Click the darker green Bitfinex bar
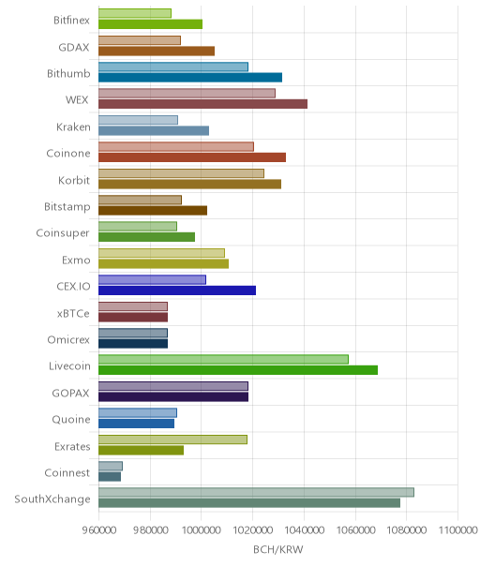[x=150, y=24]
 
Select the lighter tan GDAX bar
[x=140, y=40]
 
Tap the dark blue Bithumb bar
[x=190, y=78]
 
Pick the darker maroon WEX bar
[x=203, y=104]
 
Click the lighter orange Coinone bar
[x=176, y=146]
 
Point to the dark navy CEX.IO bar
[x=177, y=290]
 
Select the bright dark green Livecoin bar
[x=238, y=370]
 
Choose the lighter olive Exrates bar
[x=173, y=439]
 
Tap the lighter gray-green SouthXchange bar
[x=257, y=492]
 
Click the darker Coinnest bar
[x=110, y=477]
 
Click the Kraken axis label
[x=73, y=127]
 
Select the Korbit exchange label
[x=74, y=180]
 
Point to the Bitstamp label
[x=67, y=207]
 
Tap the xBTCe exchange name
[x=73, y=313]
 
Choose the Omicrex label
[x=68, y=339]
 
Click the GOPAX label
[x=71, y=393]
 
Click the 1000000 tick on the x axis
[x=201, y=529]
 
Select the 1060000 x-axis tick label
[x=355, y=529]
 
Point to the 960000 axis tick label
[x=99, y=529]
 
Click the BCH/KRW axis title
[x=278, y=549]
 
